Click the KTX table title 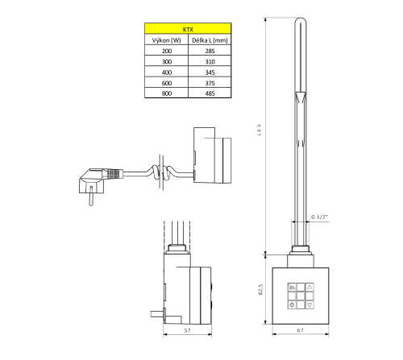[188, 27]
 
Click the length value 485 [210, 94]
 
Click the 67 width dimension [297, 330]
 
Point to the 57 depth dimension [186, 330]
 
